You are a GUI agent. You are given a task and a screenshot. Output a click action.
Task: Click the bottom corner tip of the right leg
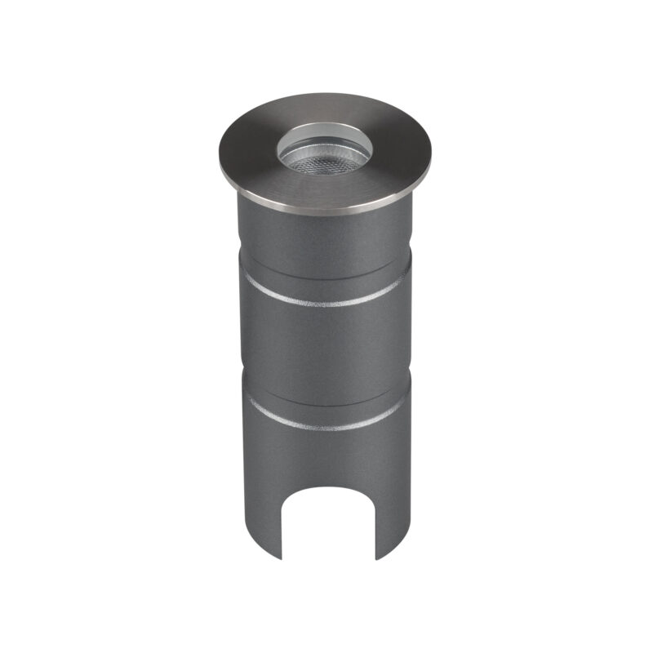(x=377, y=560)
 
